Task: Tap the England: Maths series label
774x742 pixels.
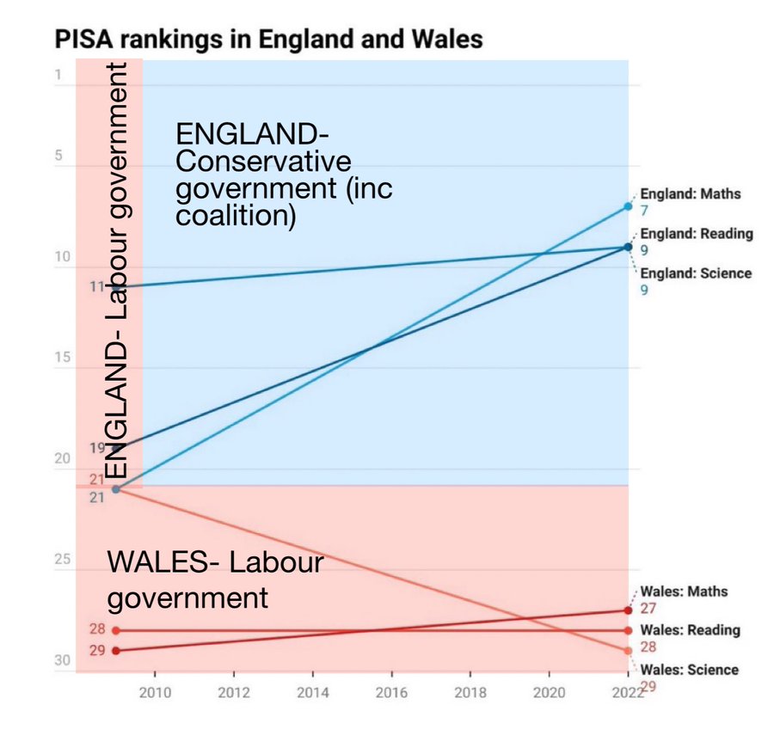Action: (691, 194)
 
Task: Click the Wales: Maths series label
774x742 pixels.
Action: (684, 592)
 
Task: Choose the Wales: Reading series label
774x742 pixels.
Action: (690, 630)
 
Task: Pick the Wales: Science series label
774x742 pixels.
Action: (690, 670)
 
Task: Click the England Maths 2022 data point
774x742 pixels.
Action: (628, 206)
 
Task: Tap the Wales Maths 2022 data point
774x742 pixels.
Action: (628, 610)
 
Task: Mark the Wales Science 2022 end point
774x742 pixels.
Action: (628, 651)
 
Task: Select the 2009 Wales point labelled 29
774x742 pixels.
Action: (116, 651)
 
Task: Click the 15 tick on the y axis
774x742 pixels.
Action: (61, 359)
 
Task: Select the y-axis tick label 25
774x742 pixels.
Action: (61, 560)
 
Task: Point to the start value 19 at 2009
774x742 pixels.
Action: (96, 447)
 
